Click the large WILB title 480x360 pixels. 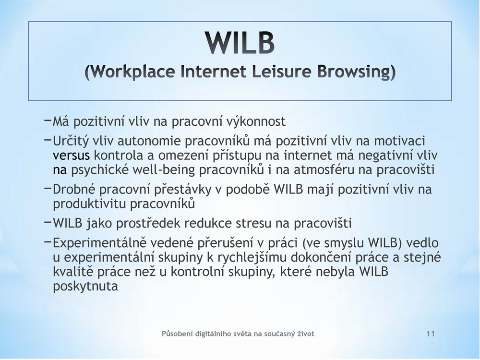click(240, 43)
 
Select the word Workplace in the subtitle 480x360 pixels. click(133, 72)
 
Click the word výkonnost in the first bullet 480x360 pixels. click(256, 121)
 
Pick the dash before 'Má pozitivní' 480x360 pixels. click(48, 120)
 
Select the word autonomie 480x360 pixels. click(149, 141)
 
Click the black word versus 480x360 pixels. click(72, 156)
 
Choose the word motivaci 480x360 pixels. click(400, 141)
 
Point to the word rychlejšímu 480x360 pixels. click(252, 257)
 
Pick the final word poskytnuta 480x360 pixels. click(85, 287)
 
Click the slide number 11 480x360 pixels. click(431, 334)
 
